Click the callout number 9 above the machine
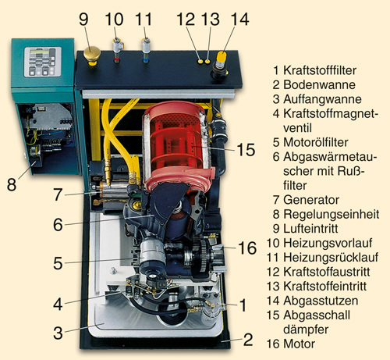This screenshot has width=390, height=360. tap(83, 20)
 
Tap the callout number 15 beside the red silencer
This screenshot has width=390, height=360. tap(246, 150)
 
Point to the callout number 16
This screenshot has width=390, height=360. tap(247, 248)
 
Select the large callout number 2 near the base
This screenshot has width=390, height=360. tap(248, 340)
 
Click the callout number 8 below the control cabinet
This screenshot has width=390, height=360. tap(12, 184)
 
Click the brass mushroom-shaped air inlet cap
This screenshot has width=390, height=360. tap(92, 55)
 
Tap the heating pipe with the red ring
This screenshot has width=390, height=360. tap(118, 50)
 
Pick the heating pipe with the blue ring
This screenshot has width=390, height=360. tap(147, 50)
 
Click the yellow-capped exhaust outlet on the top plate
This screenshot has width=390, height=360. tap(221, 65)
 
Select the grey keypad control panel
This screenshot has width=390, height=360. tap(43, 62)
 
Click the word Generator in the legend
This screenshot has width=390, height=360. tap(311, 200)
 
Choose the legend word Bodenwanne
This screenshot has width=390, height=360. tap(319, 84)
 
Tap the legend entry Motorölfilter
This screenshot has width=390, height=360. tap(316, 142)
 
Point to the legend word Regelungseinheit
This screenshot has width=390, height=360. tap(331, 214)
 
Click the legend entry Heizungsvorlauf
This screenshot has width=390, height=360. tap(328, 243)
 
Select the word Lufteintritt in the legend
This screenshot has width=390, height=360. tap(310, 229)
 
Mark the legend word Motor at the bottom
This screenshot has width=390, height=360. tap(299, 344)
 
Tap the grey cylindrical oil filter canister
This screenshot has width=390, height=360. tap(153, 253)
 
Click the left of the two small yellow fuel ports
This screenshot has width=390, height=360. tap(200, 62)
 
